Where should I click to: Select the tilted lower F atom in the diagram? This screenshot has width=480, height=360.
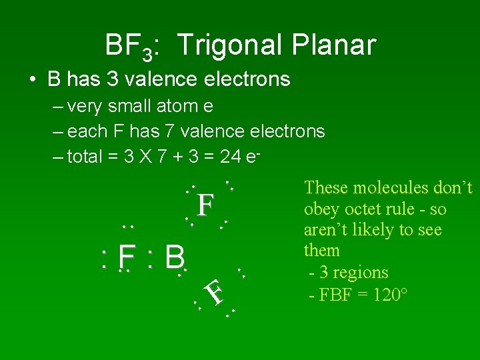point(214,293)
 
